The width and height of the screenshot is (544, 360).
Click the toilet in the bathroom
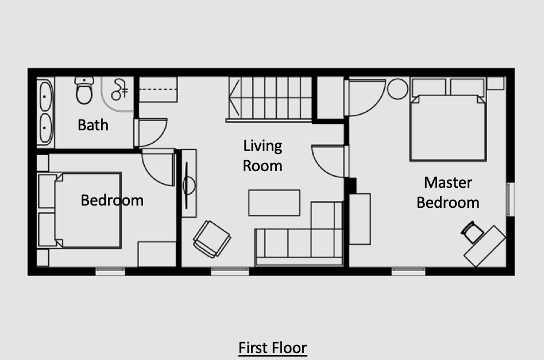click(84, 90)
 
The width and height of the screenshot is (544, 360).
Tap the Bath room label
click(93, 125)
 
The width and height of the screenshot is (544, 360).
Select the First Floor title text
click(273, 348)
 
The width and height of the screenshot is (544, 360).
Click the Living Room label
click(263, 156)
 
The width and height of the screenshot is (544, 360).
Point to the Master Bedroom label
click(448, 192)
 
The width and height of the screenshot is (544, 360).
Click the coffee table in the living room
click(274, 203)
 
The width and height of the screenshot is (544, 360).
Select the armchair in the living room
click(211, 239)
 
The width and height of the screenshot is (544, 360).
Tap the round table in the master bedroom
click(398, 89)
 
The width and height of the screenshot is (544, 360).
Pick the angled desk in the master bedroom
click(485, 246)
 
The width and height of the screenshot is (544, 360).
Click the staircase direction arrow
click(234, 98)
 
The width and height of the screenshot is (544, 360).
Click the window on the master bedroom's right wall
click(510, 199)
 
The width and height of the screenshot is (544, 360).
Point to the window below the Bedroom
click(110, 272)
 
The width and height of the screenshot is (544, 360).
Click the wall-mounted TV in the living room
click(189, 183)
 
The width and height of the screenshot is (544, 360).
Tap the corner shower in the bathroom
click(118, 94)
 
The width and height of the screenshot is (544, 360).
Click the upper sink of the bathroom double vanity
click(45, 96)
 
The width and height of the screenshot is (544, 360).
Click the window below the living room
click(230, 272)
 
